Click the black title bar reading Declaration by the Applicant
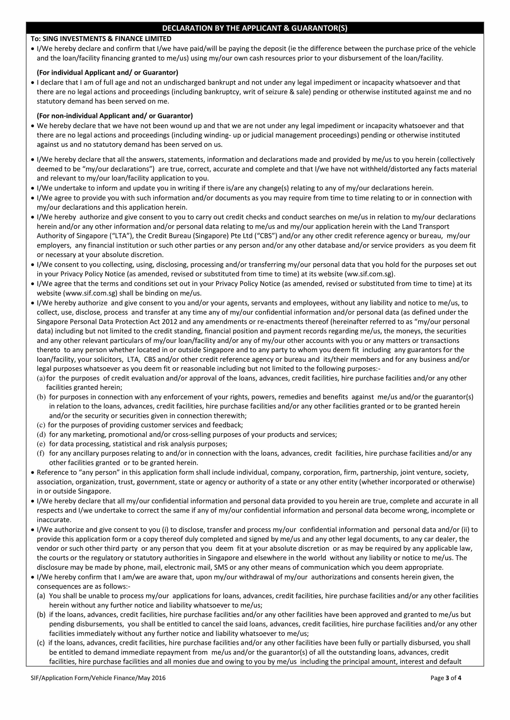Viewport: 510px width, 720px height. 255,28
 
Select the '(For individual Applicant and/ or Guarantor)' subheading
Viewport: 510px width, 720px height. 107,73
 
